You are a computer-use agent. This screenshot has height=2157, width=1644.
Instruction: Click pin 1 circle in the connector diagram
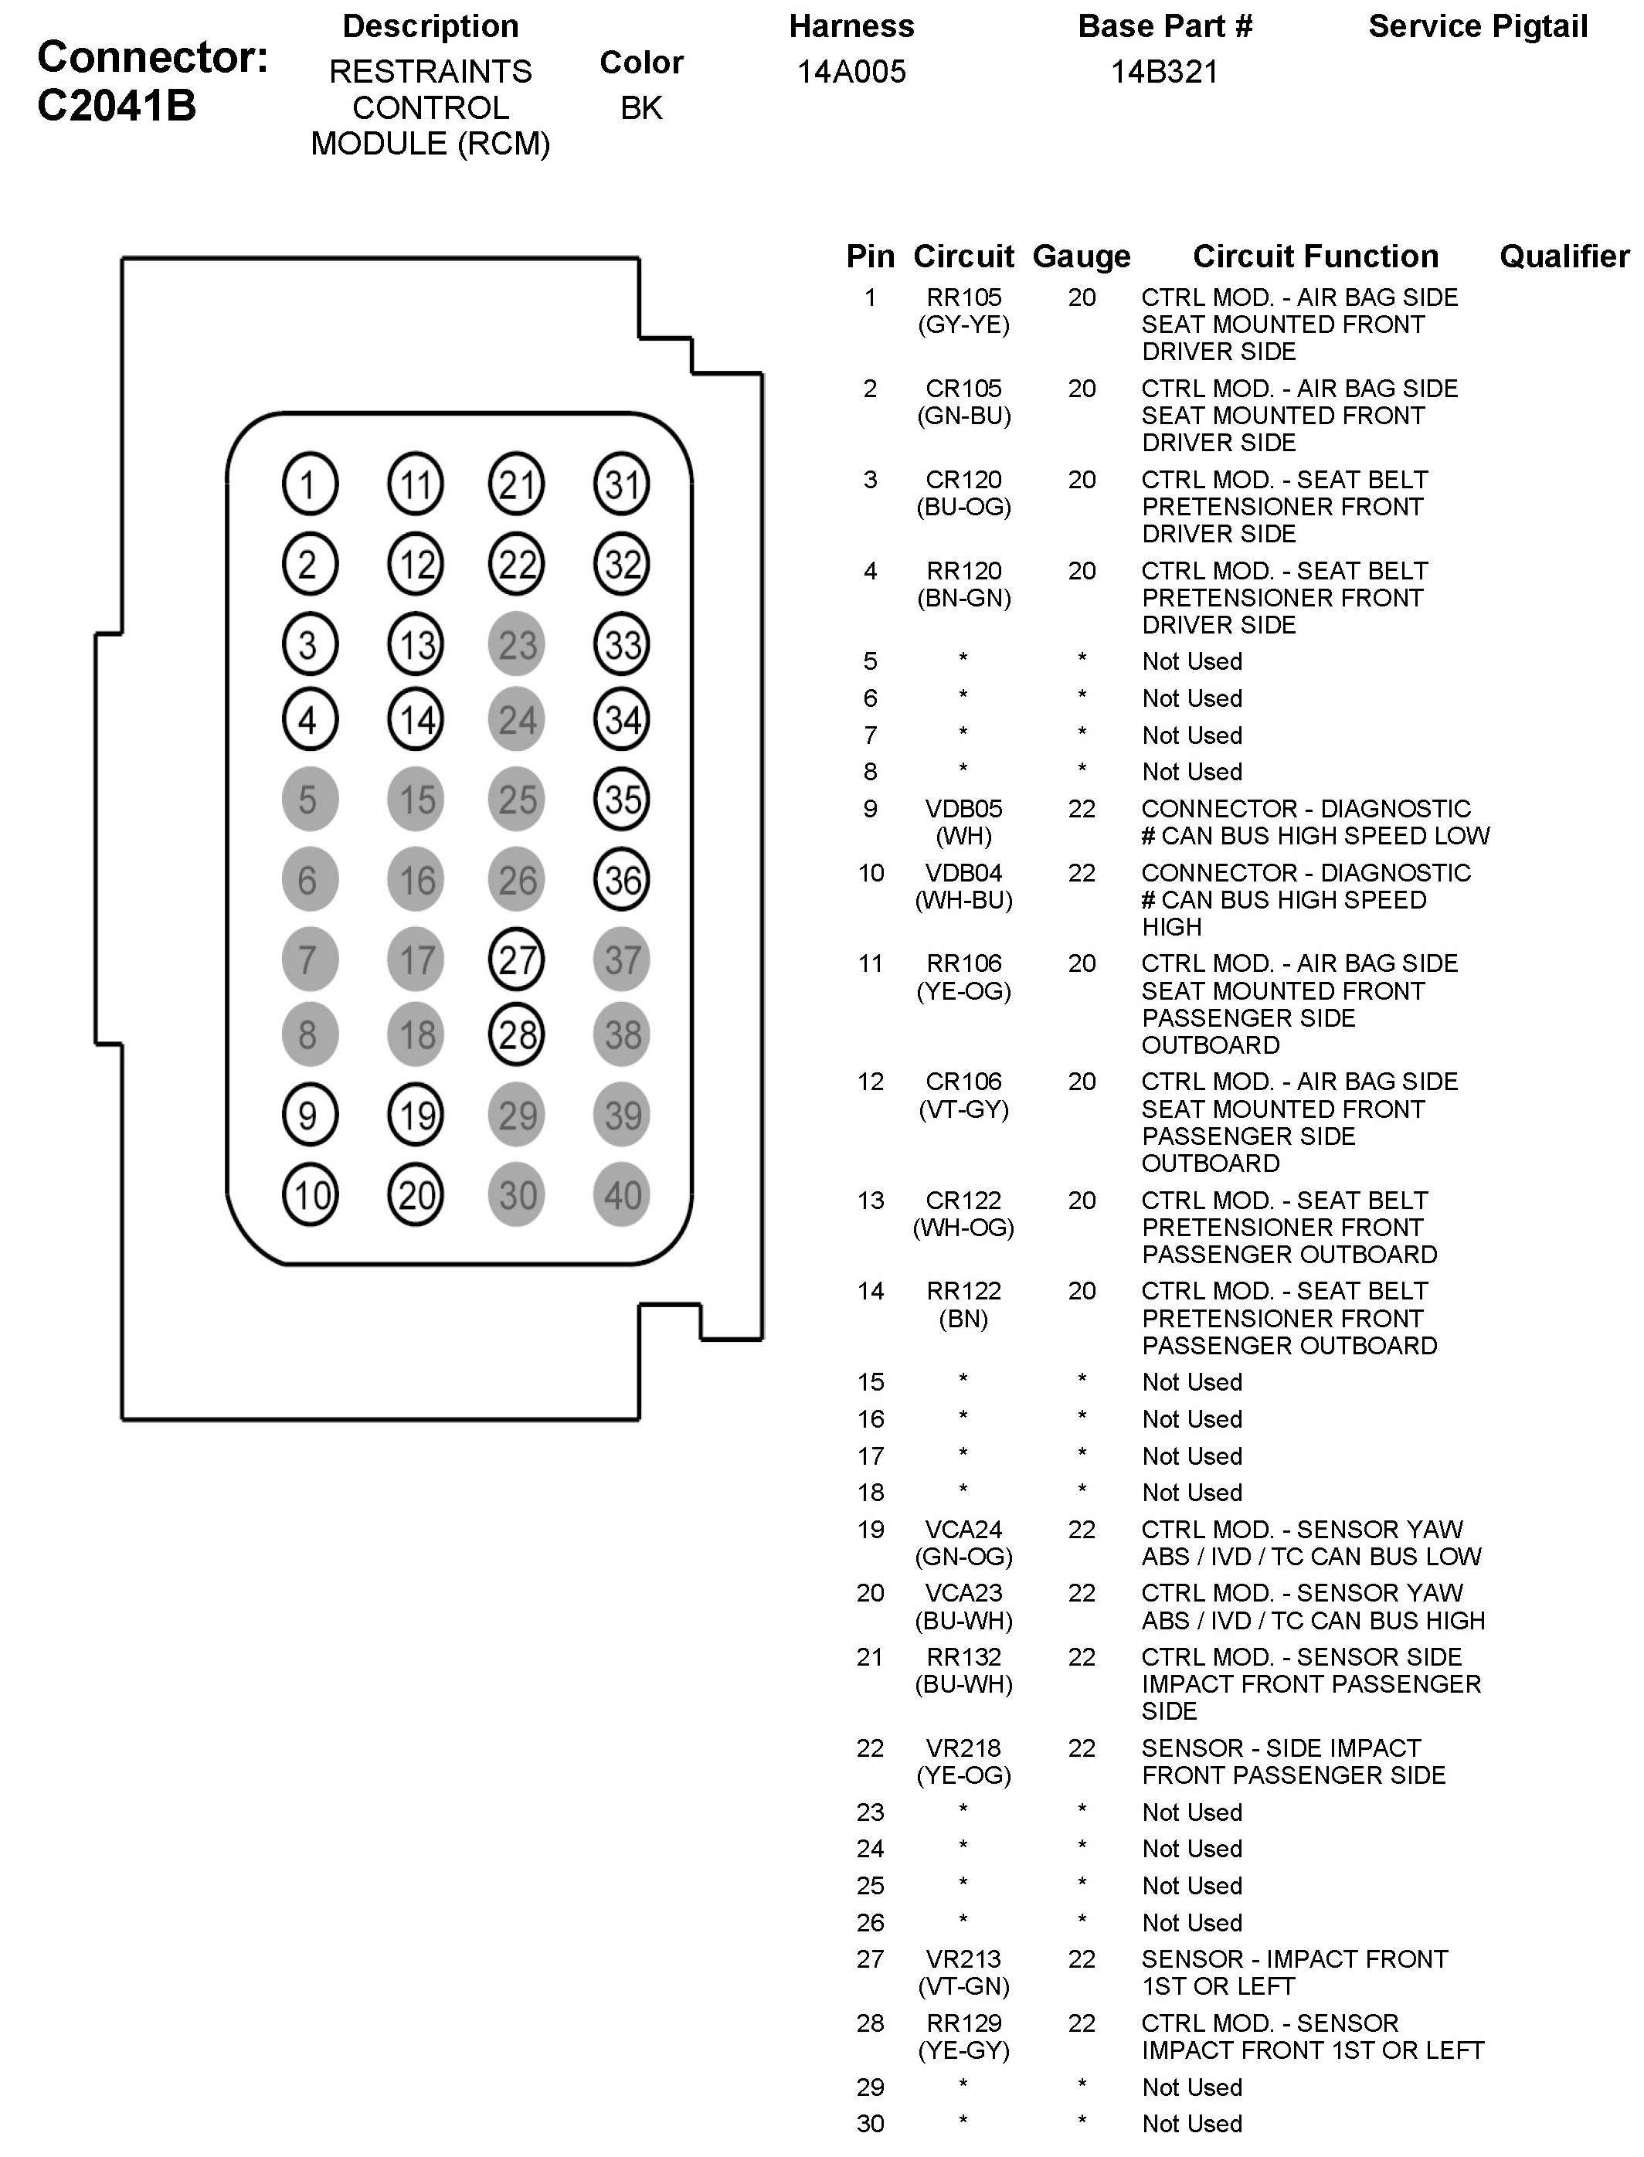coord(309,484)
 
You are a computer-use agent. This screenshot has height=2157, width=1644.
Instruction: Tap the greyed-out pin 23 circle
coord(517,644)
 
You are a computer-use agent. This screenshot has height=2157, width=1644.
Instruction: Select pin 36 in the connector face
coord(623,880)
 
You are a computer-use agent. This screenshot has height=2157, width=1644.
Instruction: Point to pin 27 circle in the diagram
coord(517,959)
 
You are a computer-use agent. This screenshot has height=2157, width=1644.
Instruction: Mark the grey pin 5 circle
coord(309,800)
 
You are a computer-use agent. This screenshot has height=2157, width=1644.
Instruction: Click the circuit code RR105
coord(964,297)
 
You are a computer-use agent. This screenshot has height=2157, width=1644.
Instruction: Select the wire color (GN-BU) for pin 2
coord(964,416)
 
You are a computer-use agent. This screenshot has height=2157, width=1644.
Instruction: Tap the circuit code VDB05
coord(964,810)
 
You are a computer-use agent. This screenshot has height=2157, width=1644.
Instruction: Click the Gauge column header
coord(1082,256)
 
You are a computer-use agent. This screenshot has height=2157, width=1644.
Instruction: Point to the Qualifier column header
coord(1564,256)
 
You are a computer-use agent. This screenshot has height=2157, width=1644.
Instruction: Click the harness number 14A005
coord(851,73)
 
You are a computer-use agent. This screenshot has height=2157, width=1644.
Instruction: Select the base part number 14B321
coord(1164,73)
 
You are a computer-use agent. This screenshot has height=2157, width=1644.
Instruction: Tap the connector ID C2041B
coord(117,106)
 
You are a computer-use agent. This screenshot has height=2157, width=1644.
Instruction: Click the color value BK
coord(641,107)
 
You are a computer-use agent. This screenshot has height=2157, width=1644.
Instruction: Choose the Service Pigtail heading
coord(1478,27)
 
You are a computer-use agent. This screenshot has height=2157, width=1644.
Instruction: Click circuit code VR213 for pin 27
coord(964,1959)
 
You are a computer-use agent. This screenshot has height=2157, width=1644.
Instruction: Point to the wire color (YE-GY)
coord(964,2050)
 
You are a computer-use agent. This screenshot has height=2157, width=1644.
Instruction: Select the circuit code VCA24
coord(964,1530)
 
